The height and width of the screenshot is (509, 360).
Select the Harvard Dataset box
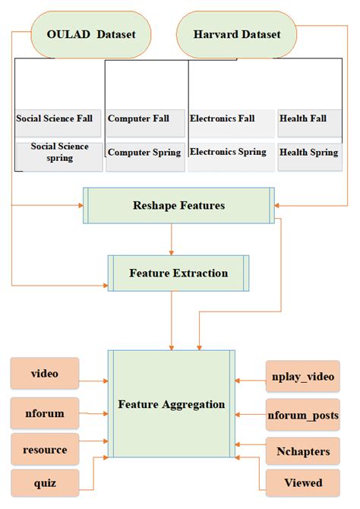click(235, 34)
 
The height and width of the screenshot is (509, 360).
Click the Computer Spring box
click(145, 153)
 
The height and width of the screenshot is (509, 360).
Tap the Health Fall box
click(308, 120)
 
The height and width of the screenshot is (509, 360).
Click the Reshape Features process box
click(178, 206)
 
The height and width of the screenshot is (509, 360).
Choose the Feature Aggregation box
click(172, 403)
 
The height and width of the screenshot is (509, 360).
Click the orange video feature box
click(45, 375)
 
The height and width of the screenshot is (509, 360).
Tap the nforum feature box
click(45, 414)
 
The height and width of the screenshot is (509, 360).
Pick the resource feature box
click(45, 450)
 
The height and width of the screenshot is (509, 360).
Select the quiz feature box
click(45, 482)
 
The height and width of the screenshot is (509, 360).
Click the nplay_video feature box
click(302, 376)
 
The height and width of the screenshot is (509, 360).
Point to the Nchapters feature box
click(302, 451)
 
